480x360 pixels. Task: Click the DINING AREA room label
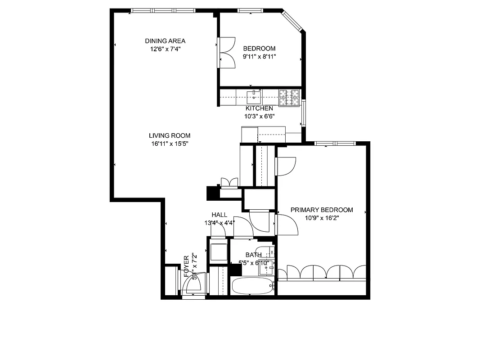coord(165,41)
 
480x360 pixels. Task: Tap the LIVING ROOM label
coord(169,135)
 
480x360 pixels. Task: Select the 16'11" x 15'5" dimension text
coord(169,144)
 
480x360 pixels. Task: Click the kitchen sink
coord(254,95)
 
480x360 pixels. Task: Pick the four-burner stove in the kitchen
coord(289,98)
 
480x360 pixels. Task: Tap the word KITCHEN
coord(259,108)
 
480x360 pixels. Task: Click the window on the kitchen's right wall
coord(304,113)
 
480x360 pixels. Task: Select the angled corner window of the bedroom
coord(293,21)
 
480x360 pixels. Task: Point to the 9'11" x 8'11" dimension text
coord(259,57)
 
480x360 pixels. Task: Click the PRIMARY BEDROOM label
coord(321,210)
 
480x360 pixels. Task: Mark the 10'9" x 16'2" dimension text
coord(321,218)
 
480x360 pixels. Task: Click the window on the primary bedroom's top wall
coord(335,144)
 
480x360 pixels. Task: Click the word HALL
coord(219,215)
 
